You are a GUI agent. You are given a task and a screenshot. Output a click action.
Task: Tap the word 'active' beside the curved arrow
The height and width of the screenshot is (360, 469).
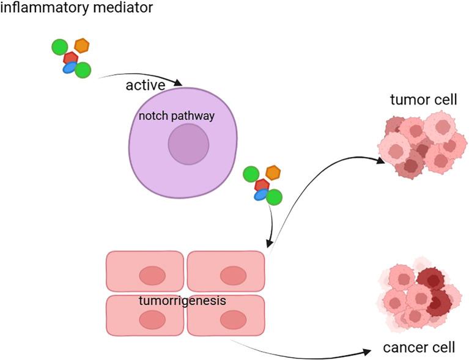coord(146,85)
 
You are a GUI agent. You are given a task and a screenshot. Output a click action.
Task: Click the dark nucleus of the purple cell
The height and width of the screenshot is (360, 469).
coord(188,144)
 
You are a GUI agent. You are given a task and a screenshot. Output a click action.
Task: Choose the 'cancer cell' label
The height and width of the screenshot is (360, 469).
coord(419,348)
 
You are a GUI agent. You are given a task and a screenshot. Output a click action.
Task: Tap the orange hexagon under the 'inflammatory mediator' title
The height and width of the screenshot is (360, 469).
coord(81,45)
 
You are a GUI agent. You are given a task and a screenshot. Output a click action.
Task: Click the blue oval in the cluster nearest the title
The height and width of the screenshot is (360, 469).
coord(70,68)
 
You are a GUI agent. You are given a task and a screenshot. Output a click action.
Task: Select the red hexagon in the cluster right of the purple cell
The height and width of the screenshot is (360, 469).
coord(262,185)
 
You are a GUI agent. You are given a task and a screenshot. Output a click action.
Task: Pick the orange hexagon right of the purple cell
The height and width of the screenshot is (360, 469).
coord(272,172)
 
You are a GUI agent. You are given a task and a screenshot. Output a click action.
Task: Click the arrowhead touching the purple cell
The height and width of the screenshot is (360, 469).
coord(178,83)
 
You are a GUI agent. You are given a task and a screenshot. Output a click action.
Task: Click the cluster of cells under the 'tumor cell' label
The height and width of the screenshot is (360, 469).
coord(419,144)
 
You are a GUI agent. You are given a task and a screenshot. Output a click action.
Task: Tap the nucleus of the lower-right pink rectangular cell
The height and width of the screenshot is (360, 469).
coord(232,319)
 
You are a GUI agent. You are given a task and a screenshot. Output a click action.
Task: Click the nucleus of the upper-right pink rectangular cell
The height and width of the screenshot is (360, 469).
coord(232,276)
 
